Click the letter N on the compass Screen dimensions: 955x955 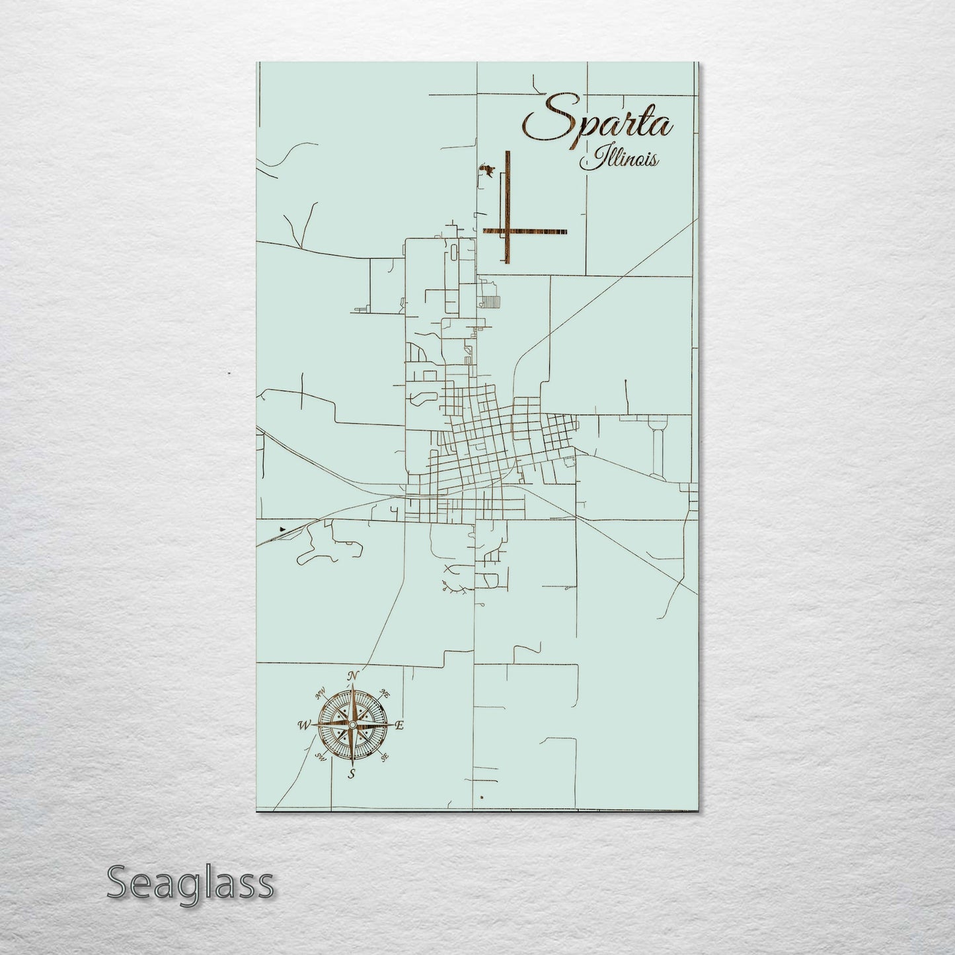pyautogui.click(x=353, y=675)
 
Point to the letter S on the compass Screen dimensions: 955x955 pyautogui.click(x=352, y=774)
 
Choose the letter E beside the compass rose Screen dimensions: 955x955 pyautogui.click(x=399, y=726)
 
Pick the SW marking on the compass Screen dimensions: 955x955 pyautogui.click(x=321, y=757)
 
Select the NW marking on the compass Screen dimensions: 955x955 pyautogui.click(x=321, y=693)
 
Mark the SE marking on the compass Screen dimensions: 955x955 pyautogui.click(x=385, y=757)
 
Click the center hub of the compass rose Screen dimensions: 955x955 pyautogui.click(x=353, y=726)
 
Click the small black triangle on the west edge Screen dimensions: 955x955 pyautogui.click(x=284, y=528)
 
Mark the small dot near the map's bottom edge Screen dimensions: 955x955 pyautogui.click(x=483, y=798)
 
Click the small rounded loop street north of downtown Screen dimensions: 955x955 pyautogui.click(x=420, y=399)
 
